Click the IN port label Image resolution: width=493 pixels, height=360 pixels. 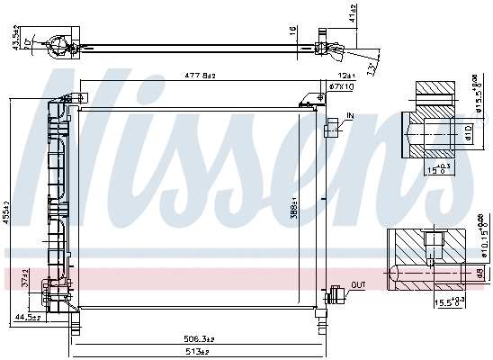coord(350,116)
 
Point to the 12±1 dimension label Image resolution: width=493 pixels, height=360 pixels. coord(321,76)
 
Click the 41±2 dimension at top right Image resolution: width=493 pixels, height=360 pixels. coord(354,13)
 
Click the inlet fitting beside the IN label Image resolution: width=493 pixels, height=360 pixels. coord(335,126)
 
